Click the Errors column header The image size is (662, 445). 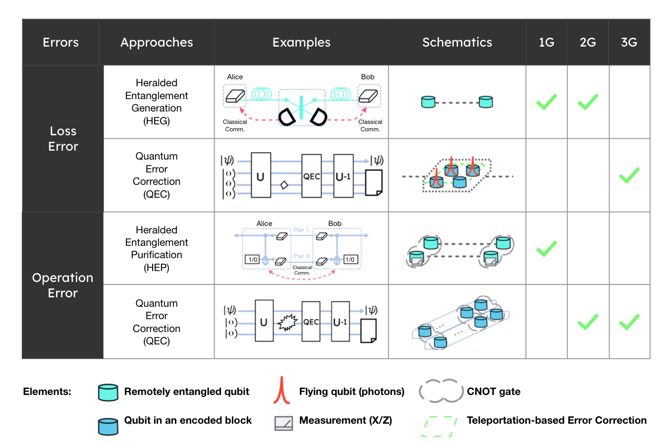point(60,43)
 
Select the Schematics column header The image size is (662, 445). point(457,43)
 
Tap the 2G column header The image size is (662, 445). point(588,43)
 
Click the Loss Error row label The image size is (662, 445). point(63,139)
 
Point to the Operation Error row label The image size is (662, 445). point(62,285)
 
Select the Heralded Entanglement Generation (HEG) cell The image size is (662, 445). point(157,102)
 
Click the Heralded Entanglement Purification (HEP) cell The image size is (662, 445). point(157,249)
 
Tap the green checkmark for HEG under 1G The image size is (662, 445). point(547,102)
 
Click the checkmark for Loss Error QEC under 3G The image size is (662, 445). point(629,175)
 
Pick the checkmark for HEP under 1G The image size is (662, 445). point(547,248)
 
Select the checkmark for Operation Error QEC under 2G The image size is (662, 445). point(588,322)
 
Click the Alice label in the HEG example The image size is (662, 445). point(235,77)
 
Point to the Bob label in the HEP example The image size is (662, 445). point(335,223)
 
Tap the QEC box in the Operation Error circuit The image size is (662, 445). point(311,322)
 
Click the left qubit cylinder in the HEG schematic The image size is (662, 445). point(428,102)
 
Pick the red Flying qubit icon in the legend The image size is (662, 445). point(281,391)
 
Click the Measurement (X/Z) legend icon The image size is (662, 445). point(283,422)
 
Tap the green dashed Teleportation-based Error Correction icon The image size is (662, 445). point(439,426)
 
